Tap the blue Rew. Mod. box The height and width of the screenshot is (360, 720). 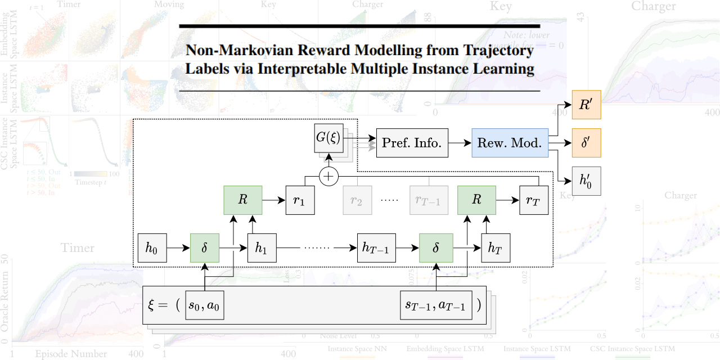(x=509, y=143)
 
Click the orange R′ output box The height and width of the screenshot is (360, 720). (x=586, y=105)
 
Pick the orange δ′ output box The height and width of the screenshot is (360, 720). (x=586, y=143)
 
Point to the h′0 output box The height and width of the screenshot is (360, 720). (x=586, y=181)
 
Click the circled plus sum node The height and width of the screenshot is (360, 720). (x=328, y=177)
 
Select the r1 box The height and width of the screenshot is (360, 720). (x=300, y=200)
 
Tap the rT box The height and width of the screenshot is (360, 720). (x=533, y=200)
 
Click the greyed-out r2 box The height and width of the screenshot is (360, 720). (x=356, y=200)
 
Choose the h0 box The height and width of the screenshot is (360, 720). (x=152, y=248)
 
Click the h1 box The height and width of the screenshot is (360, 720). (x=263, y=248)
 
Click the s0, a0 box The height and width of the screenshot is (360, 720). (x=205, y=306)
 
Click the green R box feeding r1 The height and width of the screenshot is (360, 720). (x=242, y=200)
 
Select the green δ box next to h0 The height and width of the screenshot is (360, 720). (x=205, y=248)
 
